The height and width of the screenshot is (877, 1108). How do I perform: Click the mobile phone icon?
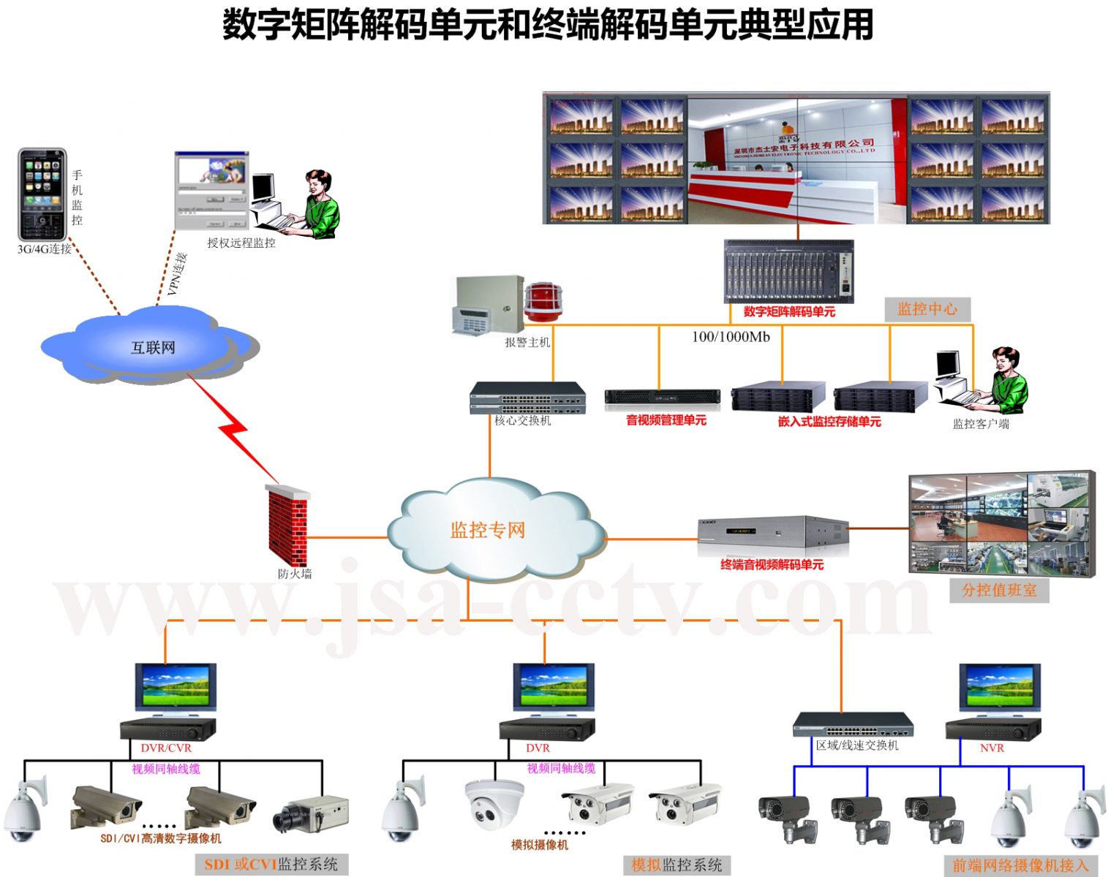click(42, 194)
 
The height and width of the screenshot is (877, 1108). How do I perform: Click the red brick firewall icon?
click(287, 524)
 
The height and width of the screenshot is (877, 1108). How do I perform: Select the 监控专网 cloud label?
click(488, 530)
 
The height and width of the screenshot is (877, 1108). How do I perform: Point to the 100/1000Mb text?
click(731, 337)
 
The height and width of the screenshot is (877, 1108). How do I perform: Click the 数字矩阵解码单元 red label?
click(788, 312)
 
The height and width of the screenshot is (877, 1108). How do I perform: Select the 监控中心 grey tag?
click(927, 309)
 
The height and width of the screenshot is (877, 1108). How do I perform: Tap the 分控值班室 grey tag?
click(999, 590)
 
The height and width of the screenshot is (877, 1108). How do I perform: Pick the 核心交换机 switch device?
click(527, 398)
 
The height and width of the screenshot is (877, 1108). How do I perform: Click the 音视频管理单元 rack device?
click(662, 399)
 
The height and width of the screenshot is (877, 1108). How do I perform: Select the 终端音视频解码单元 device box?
click(772, 536)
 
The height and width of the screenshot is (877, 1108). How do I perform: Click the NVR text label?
click(992, 748)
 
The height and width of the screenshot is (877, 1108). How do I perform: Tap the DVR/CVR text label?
click(166, 748)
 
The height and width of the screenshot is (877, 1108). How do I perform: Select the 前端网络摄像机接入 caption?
click(1020, 865)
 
